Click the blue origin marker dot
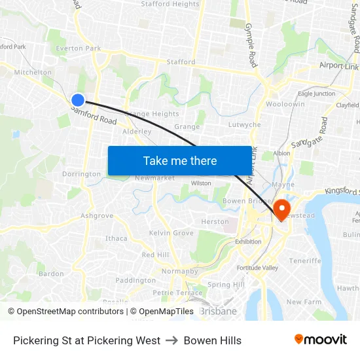coord(78,99)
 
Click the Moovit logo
coord(321,340)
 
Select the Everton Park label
coord(79,48)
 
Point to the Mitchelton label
coord(33,73)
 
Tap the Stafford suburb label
coord(181,62)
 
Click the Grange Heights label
coord(153,114)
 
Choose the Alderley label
coord(137,132)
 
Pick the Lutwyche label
coord(245,124)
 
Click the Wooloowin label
coord(285,104)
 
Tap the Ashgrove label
coord(97,216)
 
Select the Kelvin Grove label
coord(171,233)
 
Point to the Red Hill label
coord(155,255)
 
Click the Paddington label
coord(135,280)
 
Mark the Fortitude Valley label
coord(257,268)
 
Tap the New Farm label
coord(303,302)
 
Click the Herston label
coord(215,222)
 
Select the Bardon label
coord(51,274)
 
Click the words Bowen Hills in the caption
coord(213,340)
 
